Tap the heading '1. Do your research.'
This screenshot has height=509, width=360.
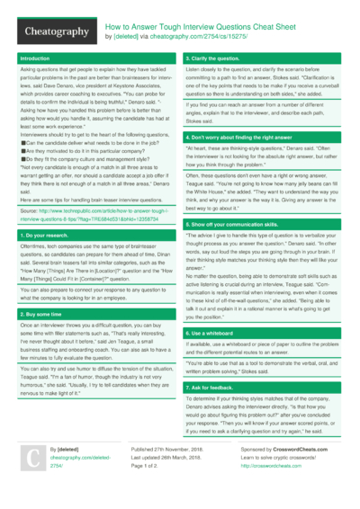click(43, 235)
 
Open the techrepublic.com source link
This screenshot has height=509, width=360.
click(90, 214)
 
